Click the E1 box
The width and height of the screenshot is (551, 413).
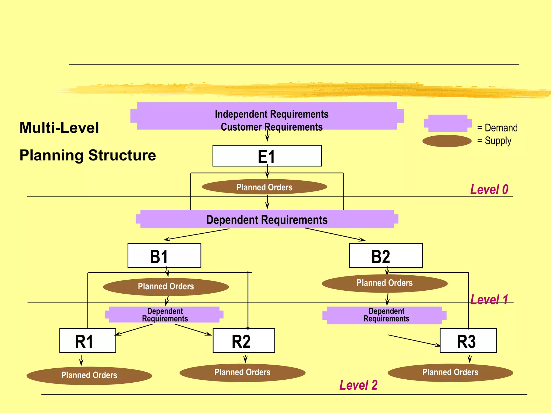click(x=267, y=156)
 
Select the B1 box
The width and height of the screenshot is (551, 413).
click(x=164, y=256)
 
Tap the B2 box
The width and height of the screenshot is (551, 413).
click(x=386, y=256)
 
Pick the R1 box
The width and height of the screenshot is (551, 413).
click(x=87, y=341)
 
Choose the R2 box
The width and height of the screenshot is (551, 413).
click(x=243, y=341)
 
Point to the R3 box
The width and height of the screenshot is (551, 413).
click(x=468, y=341)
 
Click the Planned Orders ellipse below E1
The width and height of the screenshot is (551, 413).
click(x=264, y=187)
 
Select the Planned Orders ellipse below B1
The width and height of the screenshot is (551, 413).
click(x=166, y=287)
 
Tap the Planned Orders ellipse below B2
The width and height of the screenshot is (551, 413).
click(x=384, y=283)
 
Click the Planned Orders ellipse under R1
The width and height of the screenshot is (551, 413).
click(x=89, y=375)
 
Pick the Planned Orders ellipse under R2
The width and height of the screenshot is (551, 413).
click(x=242, y=373)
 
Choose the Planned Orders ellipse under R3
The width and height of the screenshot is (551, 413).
click(x=450, y=373)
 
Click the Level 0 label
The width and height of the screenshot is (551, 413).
click(x=489, y=190)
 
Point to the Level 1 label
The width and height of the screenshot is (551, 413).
click(x=489, y=300)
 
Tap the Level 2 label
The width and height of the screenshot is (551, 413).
click(x=358, y=385)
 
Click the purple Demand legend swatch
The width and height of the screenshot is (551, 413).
click(x=447, y=123)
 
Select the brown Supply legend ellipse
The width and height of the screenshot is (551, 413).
click(x=447, y=141)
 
